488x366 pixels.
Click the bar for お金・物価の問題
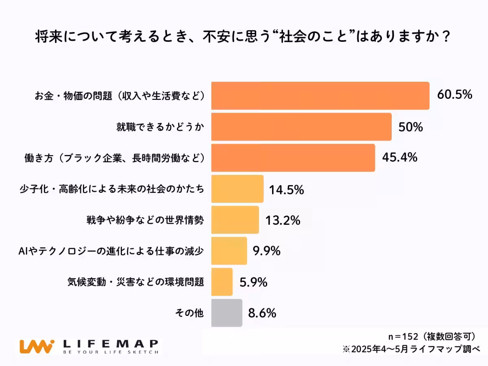(320, 96)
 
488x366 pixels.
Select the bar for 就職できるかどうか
(301, 127)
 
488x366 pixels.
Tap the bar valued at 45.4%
(293, 158)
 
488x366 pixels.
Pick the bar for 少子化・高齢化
(237, 189)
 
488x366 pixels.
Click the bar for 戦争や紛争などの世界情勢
(235, 220)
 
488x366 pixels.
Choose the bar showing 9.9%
(229, 251)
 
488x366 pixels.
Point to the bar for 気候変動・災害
(222, 282)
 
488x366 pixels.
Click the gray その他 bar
(227, 313)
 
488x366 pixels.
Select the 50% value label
(410, 127)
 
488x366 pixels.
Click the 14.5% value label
(286, 190)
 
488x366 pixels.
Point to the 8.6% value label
(262, 313)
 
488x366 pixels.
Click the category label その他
(189, 313)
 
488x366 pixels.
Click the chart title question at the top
(243, 37)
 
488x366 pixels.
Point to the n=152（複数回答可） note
(432, 336)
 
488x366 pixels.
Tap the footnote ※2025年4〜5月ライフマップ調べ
(411, 349)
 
